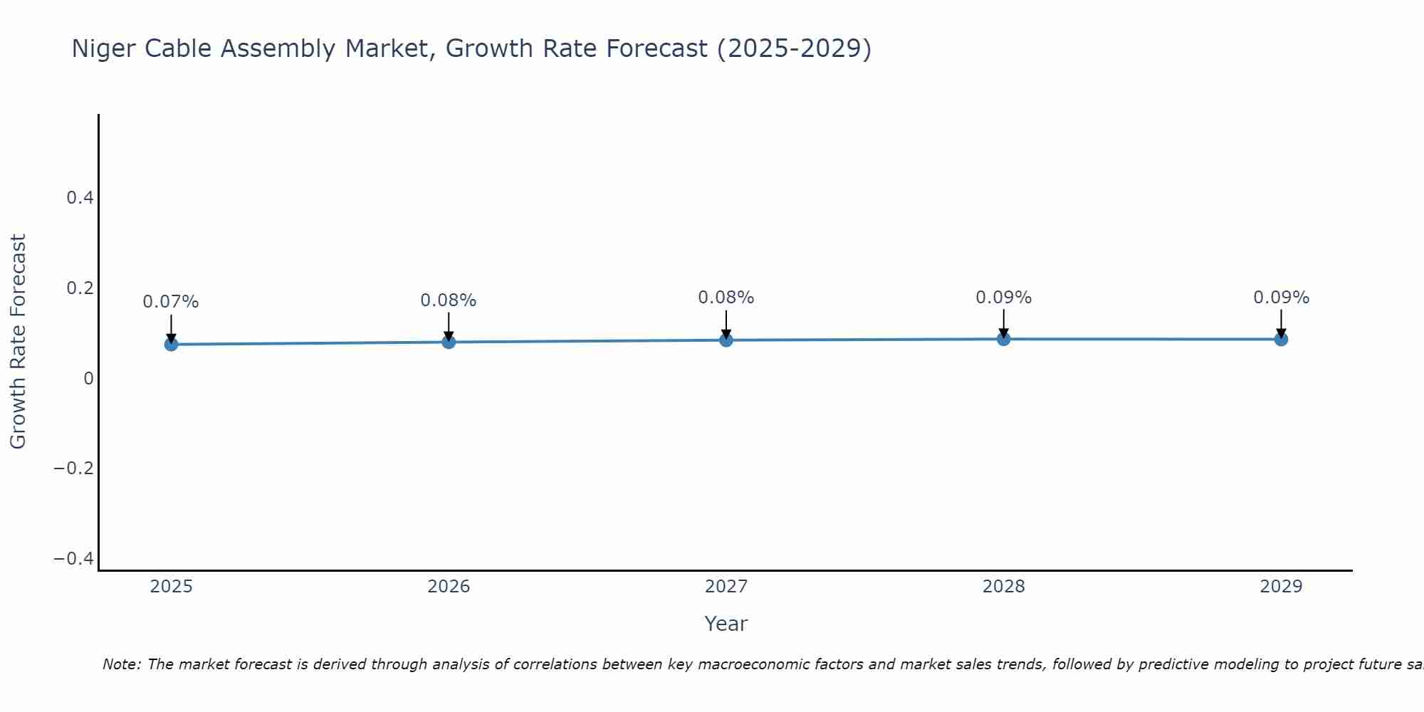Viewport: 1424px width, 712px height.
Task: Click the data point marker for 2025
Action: tap(171, 345)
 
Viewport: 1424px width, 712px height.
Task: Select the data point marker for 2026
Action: tap(449, 342)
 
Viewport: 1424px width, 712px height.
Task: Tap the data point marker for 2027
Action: tap(726, 340)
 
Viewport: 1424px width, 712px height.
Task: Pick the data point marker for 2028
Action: tap(1003, 339)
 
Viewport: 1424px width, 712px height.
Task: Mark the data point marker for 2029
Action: tap(1281, 339)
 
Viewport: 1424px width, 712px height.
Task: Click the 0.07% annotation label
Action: tap(171, 302)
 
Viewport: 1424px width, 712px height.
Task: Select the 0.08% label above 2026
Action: tap(449, 300)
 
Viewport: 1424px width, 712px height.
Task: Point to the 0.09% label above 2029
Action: tap(1281, 298)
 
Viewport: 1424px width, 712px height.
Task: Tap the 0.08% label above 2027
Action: tap(726, 298)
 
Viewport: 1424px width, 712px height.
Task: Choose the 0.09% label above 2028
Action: tap(1003, 298)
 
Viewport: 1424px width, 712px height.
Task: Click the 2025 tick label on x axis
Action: tap(171, 587)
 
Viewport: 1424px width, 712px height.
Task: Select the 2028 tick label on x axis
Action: tap(1003, 587)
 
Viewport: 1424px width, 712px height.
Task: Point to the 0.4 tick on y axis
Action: tap(80, 198)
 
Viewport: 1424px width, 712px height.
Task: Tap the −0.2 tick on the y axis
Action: tap(74, 468)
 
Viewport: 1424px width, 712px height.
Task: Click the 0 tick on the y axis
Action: tap(89, 379)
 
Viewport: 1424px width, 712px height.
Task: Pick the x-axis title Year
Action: tap(726, 624)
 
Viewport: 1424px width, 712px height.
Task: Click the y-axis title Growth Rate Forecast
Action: tap(18, 342)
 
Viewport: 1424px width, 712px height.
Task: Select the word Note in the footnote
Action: tap(121, 664)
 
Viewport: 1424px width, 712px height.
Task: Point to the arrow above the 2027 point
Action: tap(726, 325)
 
